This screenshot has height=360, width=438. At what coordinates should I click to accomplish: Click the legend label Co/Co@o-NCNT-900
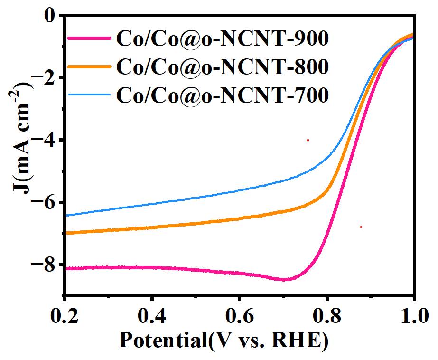pyautogui.click(x=222, y=39)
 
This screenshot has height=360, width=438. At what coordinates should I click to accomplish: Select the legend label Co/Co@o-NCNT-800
pyautogui.click(x=222, y=67)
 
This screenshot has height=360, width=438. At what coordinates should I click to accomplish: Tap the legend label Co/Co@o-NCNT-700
pyautogui.click(x=222, y=95)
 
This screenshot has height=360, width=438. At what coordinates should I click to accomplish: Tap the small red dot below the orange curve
pyautogui.click(x=361, y=227)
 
